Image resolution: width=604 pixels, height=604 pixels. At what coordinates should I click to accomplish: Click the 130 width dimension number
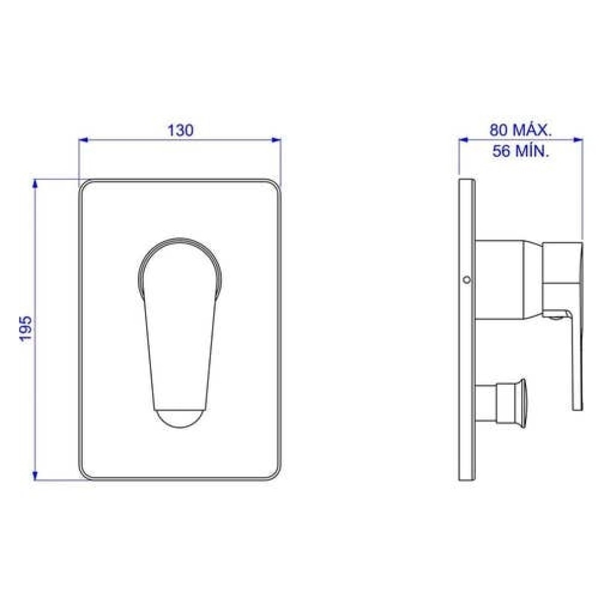click(x=180, y=130)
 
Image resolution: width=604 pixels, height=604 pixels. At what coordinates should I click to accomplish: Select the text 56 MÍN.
click(x=521, y=152)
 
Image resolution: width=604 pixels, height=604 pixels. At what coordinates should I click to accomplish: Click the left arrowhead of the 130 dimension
click(x=83, y=140)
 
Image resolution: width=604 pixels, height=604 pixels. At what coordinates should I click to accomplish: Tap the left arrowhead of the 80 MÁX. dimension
click(x=463, y=140)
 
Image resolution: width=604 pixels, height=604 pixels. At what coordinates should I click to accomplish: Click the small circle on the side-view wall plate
click(x=467, y=280)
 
